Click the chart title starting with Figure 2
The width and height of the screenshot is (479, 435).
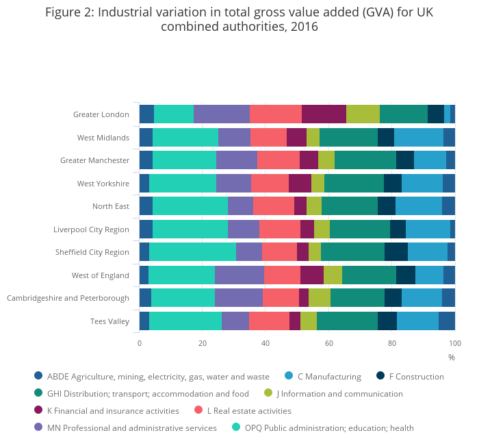click(x=239, y=19)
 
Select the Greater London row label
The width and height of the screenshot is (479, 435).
click(x=101, y=114)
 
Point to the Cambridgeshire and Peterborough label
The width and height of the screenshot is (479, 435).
click(x=68, y=298)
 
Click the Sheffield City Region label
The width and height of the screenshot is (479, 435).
click(x=92, y=252)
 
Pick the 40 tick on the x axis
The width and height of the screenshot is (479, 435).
click(x=266, y=343)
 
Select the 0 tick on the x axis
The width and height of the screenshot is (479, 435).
click(x=140, y=343)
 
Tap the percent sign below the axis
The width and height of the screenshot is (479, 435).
click(x=452, y=357)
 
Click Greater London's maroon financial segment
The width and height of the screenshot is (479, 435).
click(x=324, y=114)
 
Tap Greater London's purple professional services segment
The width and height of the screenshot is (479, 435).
click(x=222, y=114)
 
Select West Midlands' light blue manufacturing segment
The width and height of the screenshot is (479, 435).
click(x=419, y=137)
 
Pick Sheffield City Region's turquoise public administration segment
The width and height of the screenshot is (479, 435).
click(x=192, y=252)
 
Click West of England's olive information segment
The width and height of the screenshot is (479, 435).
click(x=333, y=275)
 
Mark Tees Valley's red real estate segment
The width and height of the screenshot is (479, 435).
click(x=269, y=321)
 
